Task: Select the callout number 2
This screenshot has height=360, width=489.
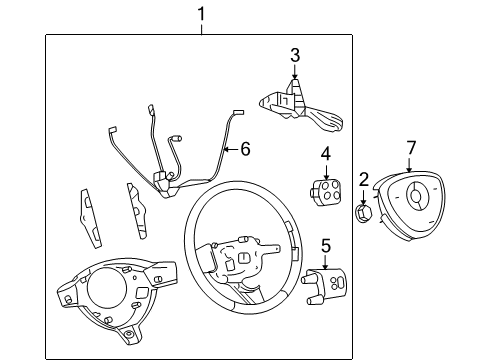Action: tap(364, 180)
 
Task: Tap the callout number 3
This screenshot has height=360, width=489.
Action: tap(295, 55)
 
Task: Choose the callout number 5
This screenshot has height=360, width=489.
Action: tap(325, 245)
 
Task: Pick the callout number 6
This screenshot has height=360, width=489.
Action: tap(244, 149)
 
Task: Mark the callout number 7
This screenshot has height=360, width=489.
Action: tap(410, 149)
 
